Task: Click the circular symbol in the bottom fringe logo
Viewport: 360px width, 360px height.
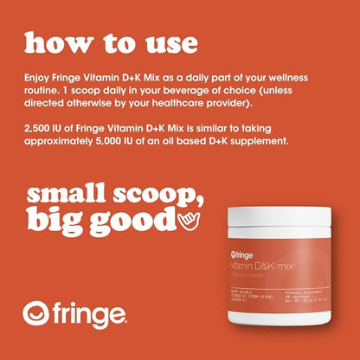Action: [39, 312]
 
